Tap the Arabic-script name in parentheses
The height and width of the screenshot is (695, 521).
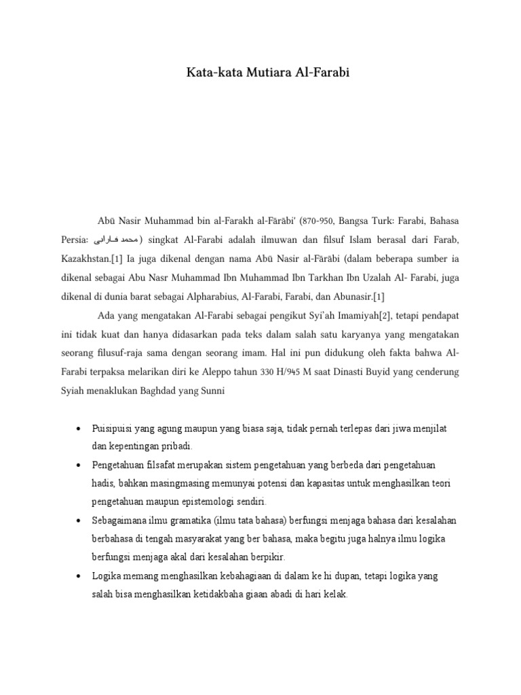[x=116, y=240]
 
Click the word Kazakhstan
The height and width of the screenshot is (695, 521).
[x=91, y=259]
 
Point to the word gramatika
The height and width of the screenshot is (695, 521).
[x=178, y=520]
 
